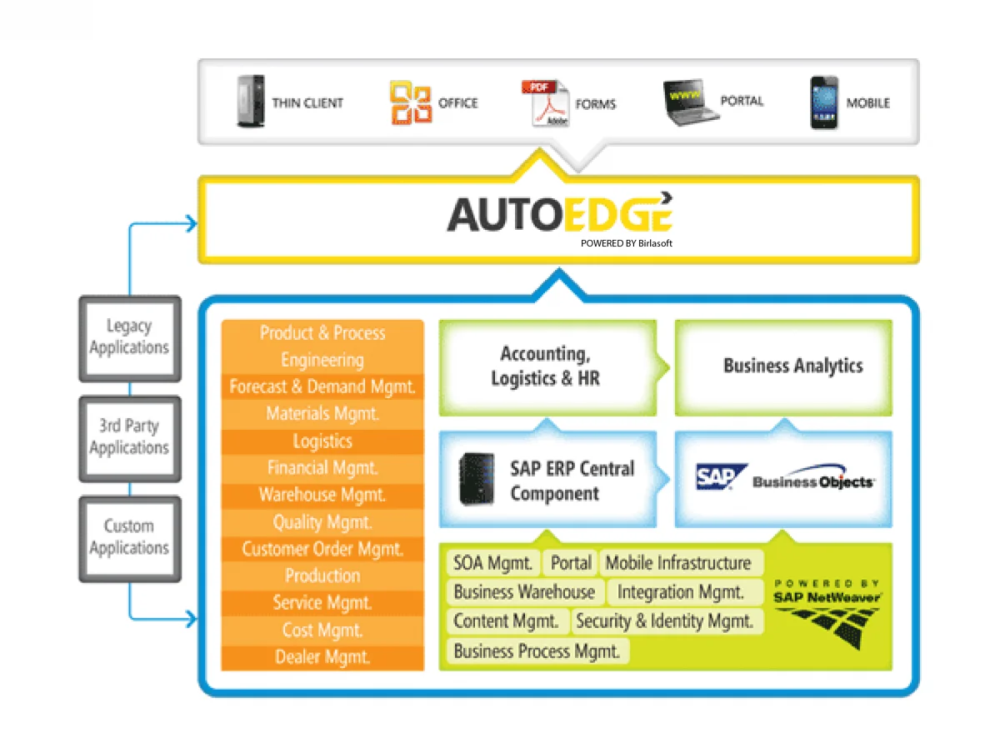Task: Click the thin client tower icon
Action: click(250, 102)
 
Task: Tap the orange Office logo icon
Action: click(410, 102)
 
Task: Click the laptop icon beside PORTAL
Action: click(691, 102)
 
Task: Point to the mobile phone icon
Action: click(823, 102)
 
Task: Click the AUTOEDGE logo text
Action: click(559, 214)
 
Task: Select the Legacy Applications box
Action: click(129, 337)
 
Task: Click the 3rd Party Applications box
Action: click(129, 437)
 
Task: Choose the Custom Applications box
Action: click(129, 537)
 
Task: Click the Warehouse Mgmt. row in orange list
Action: click(322, 495)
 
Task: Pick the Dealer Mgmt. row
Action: click(322, 657)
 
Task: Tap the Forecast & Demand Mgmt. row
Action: click(322, 386)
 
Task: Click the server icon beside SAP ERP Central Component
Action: click(476, 479)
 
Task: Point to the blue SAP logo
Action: click(721, 477)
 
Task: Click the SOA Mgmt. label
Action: click(492, 563)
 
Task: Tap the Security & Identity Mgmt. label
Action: click(665, 621)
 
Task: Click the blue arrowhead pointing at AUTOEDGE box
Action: click(191, 223)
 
